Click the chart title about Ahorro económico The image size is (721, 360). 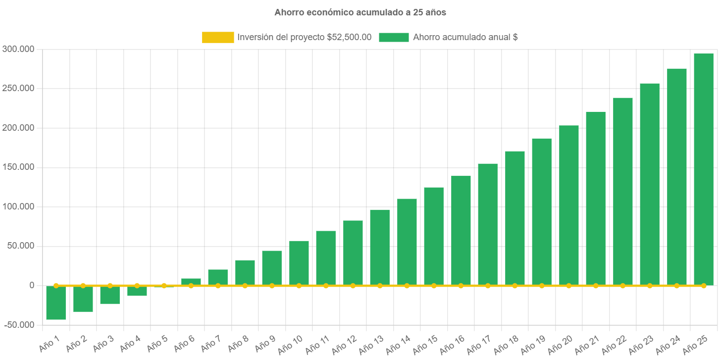click(360, 12)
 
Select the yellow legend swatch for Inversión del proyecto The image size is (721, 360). click(218, 37)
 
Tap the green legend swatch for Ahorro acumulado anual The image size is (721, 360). click(394, 37)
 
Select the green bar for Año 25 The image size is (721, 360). click(703, 168)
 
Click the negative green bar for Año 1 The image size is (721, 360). click(56, 303)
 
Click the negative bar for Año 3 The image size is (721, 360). click(110, 295)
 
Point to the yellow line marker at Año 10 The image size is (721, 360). click(299, 286)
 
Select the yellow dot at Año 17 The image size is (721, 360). click(488, 286)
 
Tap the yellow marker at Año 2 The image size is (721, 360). click(83, 286)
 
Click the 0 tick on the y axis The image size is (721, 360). click(31, 285)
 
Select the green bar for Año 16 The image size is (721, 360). click(461, 230)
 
